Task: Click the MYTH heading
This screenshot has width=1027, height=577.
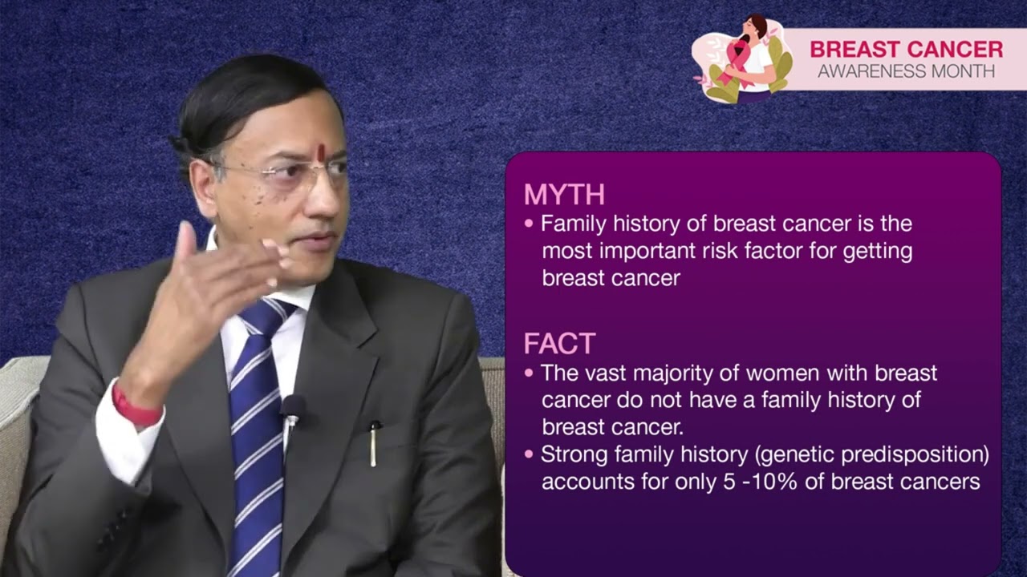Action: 564,195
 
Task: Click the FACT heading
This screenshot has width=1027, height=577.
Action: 559,344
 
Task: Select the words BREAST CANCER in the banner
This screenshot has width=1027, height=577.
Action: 906,49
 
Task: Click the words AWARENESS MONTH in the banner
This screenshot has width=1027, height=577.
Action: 906,71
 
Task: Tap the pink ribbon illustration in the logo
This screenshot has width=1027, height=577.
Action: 737,63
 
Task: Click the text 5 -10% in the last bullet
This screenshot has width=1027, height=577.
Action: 757,482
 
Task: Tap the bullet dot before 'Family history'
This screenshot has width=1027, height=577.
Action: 528,224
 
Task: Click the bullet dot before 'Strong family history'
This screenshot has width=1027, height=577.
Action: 528,455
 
